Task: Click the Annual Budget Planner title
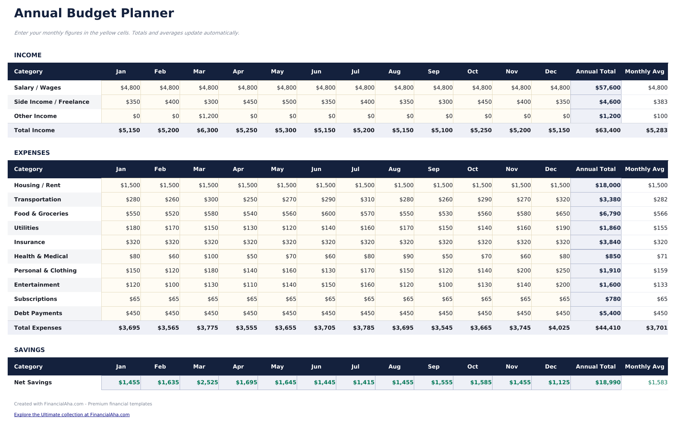(x=94, y=13)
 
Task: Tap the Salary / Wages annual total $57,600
(x=607, y=88)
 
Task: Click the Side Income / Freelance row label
(x=51, y=102)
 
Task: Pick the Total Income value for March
(x=207, y=130)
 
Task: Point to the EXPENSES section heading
(x=32, y=153)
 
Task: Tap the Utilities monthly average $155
(x=660, y=228)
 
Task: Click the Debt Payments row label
(x=38, y=313)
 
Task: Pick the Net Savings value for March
(x=207, y=382)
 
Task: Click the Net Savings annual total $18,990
(x=608, y=382)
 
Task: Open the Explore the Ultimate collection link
(x=72, y=415)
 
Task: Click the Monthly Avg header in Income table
(x=644, y=71)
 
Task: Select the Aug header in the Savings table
(x=394, y=367)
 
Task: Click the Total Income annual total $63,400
(x=608, y=130)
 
